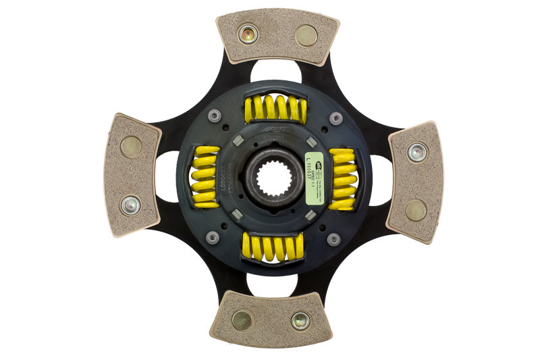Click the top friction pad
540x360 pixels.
[x=277, y=37]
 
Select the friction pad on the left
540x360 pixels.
[x=132, y=174]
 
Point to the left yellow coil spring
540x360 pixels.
[x=205, y=177]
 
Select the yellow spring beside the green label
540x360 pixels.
[x=344, y=178]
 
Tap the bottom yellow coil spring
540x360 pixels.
[x=273, y=247]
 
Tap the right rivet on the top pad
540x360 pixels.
[x=306, y=35]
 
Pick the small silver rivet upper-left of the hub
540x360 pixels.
[x=214, y=115]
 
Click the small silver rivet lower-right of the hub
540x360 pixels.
[x=333, y=239]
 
